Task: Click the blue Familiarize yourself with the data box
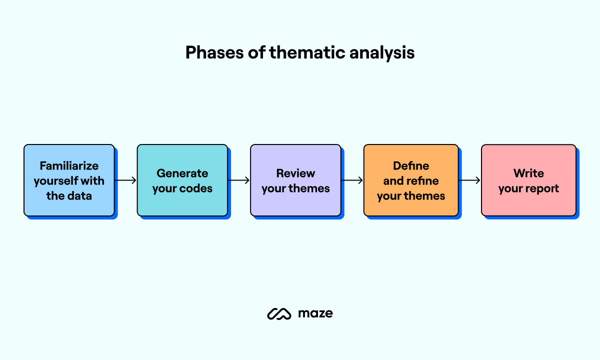(x=69, y=180)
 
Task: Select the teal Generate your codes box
(x=182, y=180)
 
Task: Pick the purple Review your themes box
(x=295, y=180)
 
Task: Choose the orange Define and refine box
(x=411, y=180)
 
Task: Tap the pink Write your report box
(x=528, y=180)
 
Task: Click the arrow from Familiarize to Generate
(x=125, y=180)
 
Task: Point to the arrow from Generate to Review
(x=239, y=180)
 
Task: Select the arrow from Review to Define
(x=352, y=180)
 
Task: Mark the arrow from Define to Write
(x=469, y=180)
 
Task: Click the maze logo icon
(x=279, y=313)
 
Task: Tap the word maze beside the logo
(x=315, y=313)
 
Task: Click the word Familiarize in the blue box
(x=69, y=165)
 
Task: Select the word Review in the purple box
(x=295, y=173)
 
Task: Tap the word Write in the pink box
(x=528, y=173)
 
